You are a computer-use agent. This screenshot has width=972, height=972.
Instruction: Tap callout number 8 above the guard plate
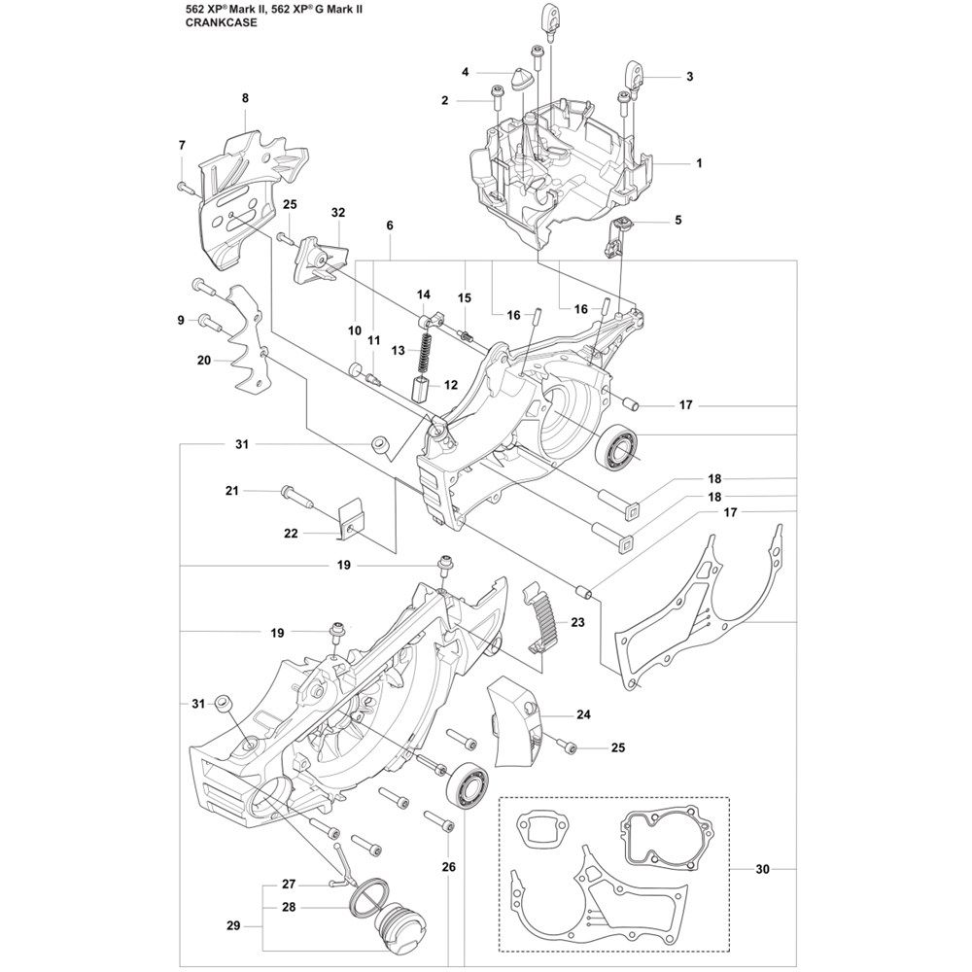click(x=244, y=97)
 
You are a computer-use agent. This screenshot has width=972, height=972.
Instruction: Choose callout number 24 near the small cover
click(x=583, y=715)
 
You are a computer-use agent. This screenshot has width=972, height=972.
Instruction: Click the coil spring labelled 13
click(x=425, y=352)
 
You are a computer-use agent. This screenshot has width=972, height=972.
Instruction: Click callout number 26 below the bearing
click(x=449, y=867)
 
